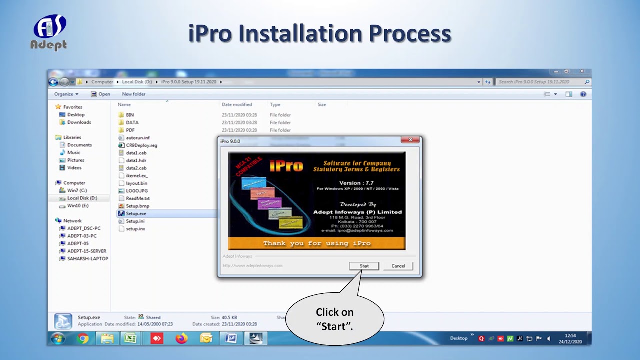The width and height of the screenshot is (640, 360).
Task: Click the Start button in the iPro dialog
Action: [364, 266]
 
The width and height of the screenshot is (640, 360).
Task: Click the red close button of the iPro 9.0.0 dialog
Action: [410, 140]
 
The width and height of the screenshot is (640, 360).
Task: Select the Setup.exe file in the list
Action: [136, 213]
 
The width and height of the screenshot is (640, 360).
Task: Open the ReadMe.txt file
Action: [137, 198]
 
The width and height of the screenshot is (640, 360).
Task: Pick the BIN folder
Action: [130, 115]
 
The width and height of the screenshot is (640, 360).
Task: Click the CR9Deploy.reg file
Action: [141, 145]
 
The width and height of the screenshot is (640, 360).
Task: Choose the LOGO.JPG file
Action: [137, 191]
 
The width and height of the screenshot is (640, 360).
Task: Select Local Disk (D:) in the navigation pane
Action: [82, 198]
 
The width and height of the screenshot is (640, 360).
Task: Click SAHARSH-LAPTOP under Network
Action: [87, 259]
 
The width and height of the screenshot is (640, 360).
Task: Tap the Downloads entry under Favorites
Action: [79, 122]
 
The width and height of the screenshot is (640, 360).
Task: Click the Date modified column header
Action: [237, 105]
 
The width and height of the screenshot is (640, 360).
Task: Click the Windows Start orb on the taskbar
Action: [58, 338]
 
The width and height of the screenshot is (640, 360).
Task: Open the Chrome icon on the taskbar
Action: [83, 338]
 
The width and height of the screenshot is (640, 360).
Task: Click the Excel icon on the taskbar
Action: [130, 338]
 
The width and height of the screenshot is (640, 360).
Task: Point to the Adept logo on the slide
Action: [49, 32]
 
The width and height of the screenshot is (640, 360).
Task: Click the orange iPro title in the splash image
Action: [286, 165]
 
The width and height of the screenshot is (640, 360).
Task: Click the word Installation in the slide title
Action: [300, 33]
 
